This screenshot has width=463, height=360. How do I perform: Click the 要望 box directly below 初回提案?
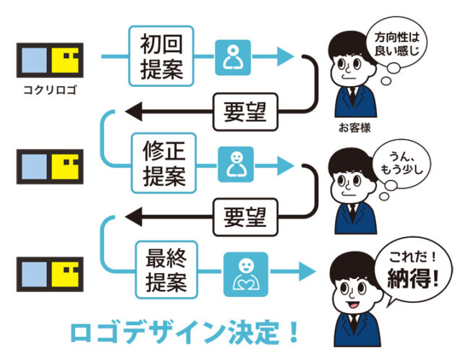pyautogui.click(x=242, y=111)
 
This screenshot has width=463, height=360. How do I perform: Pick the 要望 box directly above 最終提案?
pyautogui.click(x=242, y=215)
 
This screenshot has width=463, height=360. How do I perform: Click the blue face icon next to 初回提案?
pyautogui.click(x=234, y=56)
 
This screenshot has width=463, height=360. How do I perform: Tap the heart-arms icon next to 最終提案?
pyautogui.click(x=244, y=273)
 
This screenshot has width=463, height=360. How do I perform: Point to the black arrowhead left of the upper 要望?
pyautogui.click(x=133, y=111)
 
